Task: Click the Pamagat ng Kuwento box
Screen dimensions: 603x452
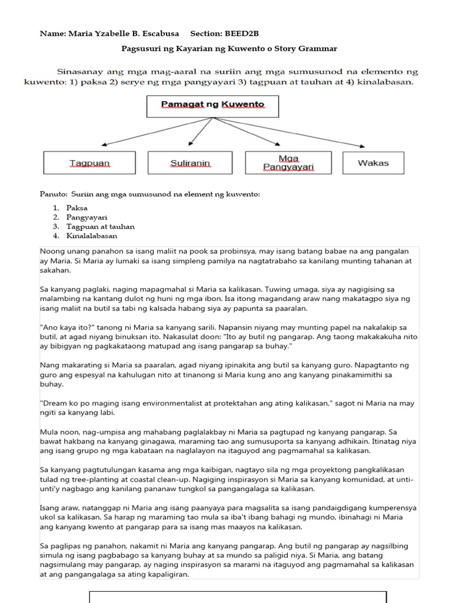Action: coord(212,106)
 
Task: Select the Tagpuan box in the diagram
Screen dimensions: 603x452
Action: coord(89,163)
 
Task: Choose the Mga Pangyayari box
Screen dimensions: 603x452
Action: coord(288,163)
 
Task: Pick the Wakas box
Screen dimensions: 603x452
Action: coord(373,163)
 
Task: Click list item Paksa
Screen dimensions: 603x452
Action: coord(77,208)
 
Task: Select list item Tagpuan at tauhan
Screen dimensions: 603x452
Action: coord(100,227)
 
